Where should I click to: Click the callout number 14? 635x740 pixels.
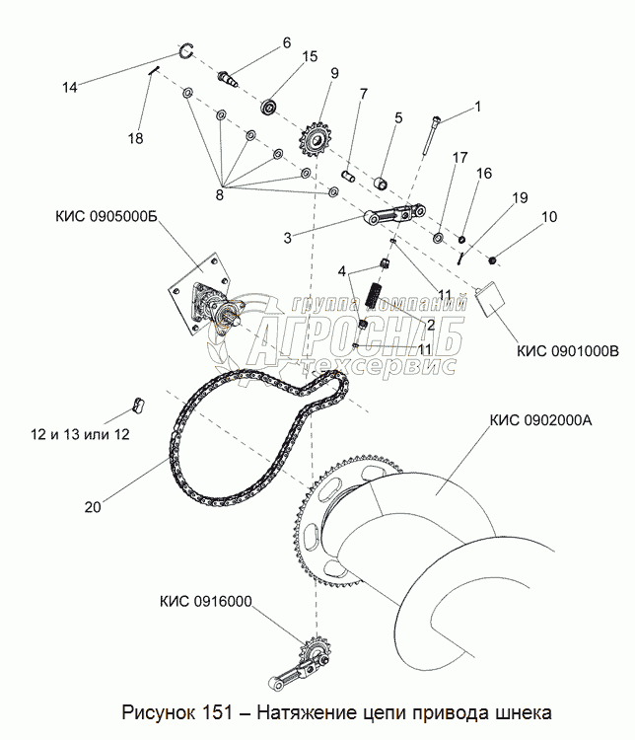pyautogui.click(x=70, y=87)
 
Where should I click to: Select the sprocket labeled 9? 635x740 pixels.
pyautogui.click(x=313, y=140)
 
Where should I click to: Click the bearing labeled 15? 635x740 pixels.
pyautogui.click(x=270, y=106)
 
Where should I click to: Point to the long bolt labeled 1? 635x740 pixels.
pyautogui.click(x=430, y=135)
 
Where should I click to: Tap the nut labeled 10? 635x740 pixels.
pyautogui.click(x=493, y=260)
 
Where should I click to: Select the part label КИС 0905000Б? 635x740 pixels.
pyautogui.click(x=106, y=216)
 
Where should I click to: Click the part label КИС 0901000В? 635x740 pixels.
pyautogui.click(x=568, y=351)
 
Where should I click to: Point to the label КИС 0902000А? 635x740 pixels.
pyautogui.click(x=540, y=420)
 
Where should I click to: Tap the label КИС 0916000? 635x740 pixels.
pyautogui.click(x=206, y=601)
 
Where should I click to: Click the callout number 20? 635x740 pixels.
pyautogui.click(x=93, y=507)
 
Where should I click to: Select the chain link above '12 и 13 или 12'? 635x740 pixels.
pyautogui.click(x=138, y=406)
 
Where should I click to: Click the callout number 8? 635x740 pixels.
pyautogui.click(x=219, y=194)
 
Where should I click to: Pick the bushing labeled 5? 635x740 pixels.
pyautogui.click(x=382, y=183)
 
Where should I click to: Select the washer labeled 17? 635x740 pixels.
pyautogui.click(x=438, y=238)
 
